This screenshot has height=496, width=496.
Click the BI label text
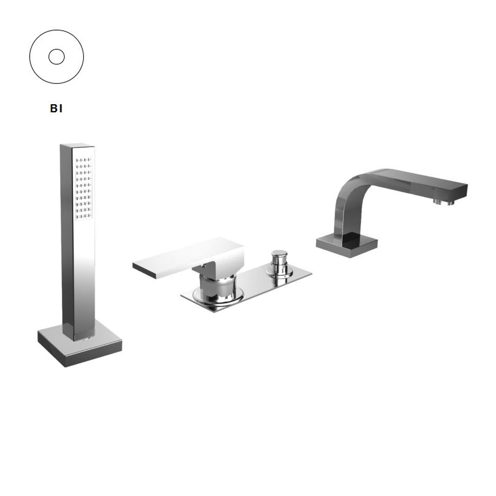click(56, 109)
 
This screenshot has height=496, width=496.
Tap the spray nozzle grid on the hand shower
click(84, 188)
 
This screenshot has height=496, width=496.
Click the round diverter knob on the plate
click(279, 263)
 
